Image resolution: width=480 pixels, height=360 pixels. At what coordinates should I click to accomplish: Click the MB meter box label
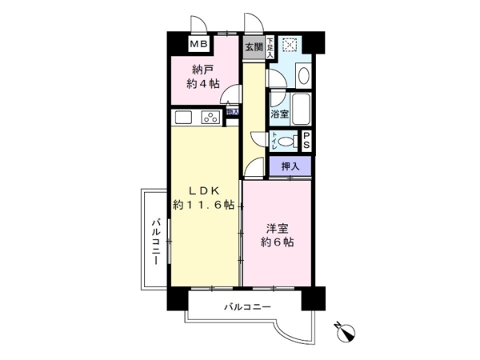pos(198,46)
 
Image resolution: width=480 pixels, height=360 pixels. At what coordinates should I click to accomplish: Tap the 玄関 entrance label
pos(253,46)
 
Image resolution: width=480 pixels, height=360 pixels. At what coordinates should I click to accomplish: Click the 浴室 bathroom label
pos(279,114)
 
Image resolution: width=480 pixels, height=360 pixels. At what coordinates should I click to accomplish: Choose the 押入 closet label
pos(291,166)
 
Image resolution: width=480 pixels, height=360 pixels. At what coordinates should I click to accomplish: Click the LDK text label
pos(203,190)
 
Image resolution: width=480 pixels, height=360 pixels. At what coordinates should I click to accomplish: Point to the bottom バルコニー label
pos(247,307)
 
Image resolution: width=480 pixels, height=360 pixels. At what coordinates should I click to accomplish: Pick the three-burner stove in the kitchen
pos(211,118)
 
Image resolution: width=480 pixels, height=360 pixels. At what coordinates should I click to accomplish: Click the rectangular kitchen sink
pos(182,118)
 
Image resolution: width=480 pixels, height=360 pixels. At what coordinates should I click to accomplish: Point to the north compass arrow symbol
pos(346,329)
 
